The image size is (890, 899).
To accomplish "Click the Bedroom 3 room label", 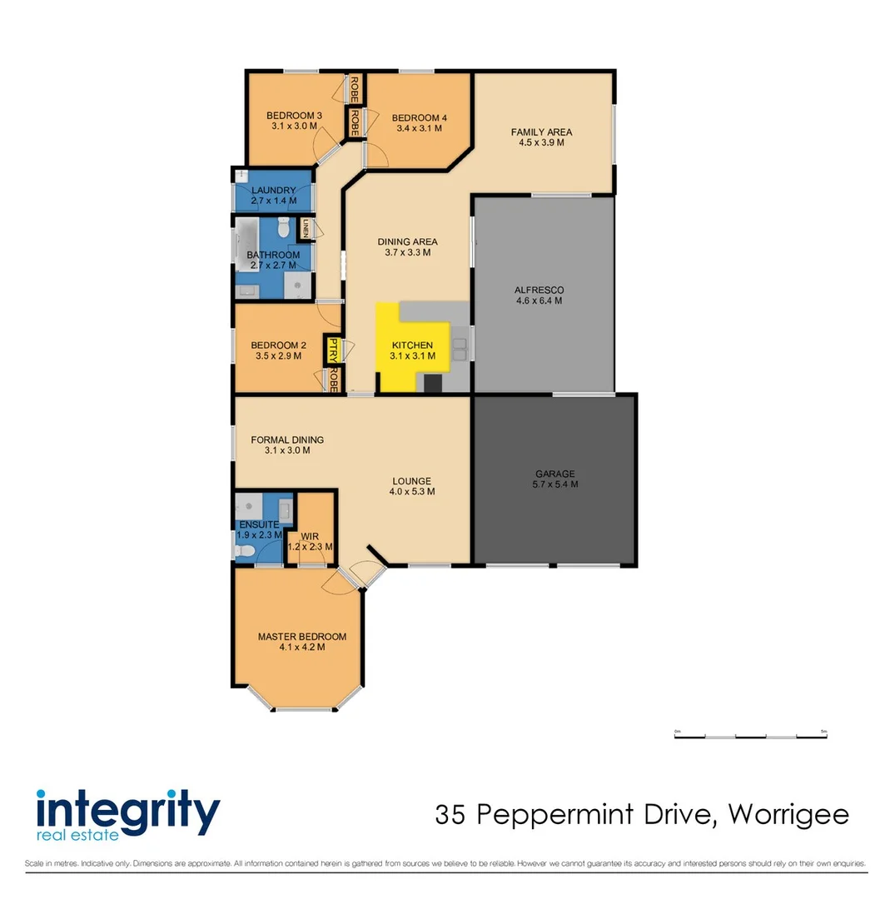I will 294,116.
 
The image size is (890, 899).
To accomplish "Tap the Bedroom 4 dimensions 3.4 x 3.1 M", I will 419,129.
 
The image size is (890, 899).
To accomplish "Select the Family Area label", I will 541,132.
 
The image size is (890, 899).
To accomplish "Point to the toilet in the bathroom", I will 284,226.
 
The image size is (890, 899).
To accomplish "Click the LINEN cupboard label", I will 306,227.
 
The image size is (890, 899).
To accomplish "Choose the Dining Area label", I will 407,242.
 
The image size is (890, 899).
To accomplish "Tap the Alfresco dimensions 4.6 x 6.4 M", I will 539,301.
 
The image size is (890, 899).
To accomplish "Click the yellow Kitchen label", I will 412,345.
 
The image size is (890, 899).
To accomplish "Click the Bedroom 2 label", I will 279,345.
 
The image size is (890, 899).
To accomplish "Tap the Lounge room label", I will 412,480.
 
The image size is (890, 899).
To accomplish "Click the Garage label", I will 554,474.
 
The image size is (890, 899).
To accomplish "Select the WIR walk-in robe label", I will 310,537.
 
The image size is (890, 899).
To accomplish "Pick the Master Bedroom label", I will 301,637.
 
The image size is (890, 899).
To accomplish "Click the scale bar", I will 750,736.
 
